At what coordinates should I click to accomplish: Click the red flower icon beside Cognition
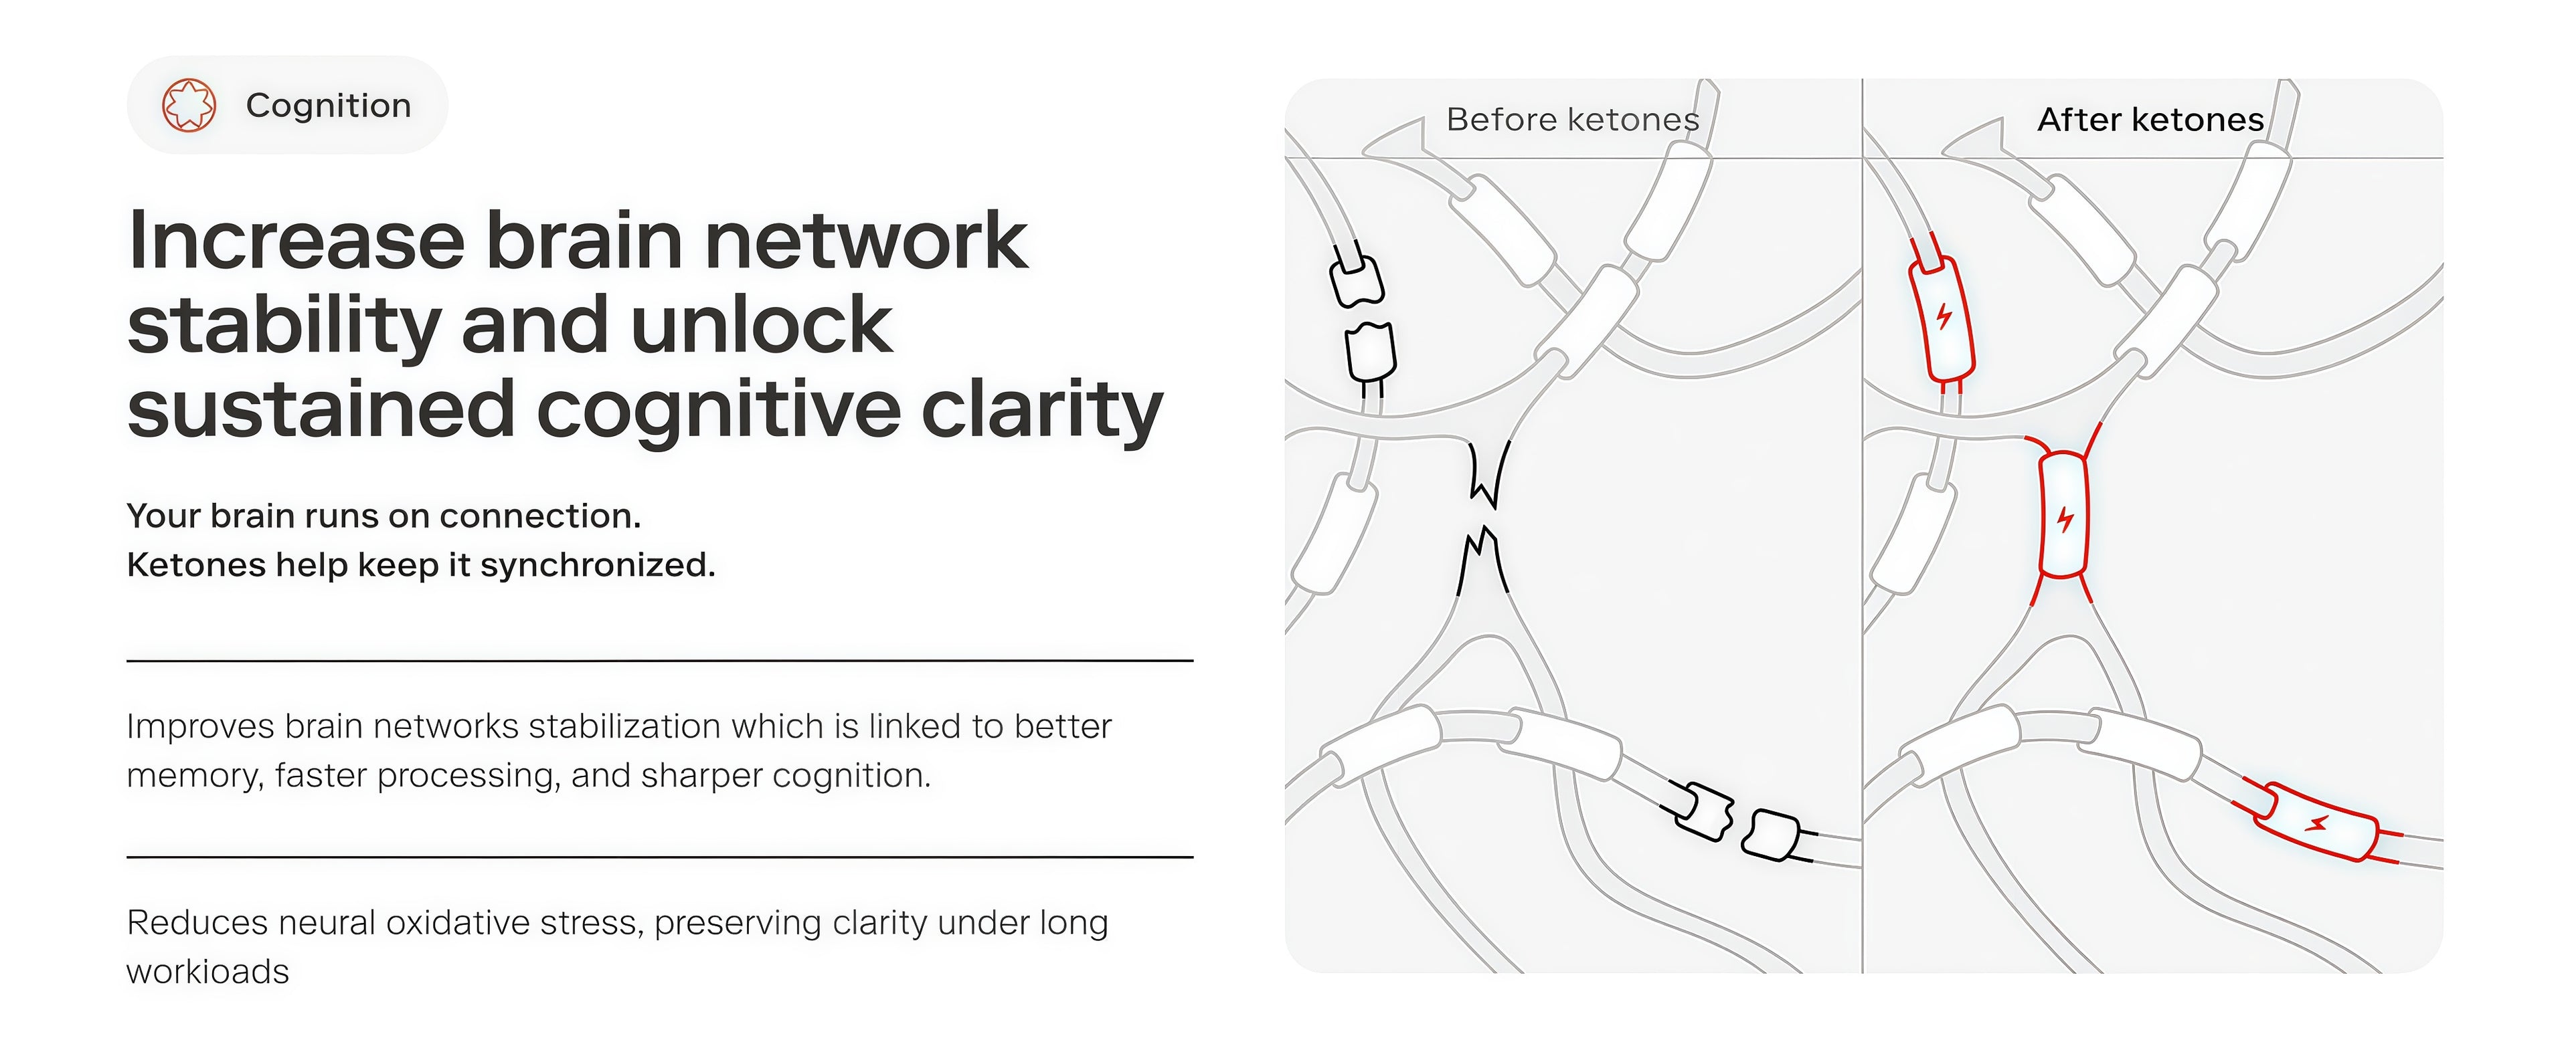tap(189, 105)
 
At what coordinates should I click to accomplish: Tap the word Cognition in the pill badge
tap(328, 106)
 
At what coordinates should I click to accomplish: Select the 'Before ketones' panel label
tap(1572, 120)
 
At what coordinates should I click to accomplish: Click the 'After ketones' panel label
tap(2150, 120)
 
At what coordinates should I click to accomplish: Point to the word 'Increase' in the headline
tap(296, 241)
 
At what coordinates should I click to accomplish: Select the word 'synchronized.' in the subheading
tap(598, 565)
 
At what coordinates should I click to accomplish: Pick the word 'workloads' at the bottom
tap(207, 971)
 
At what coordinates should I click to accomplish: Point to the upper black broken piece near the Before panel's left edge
tap(1357, 281)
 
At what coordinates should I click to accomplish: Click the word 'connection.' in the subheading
tap(539, 516)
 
